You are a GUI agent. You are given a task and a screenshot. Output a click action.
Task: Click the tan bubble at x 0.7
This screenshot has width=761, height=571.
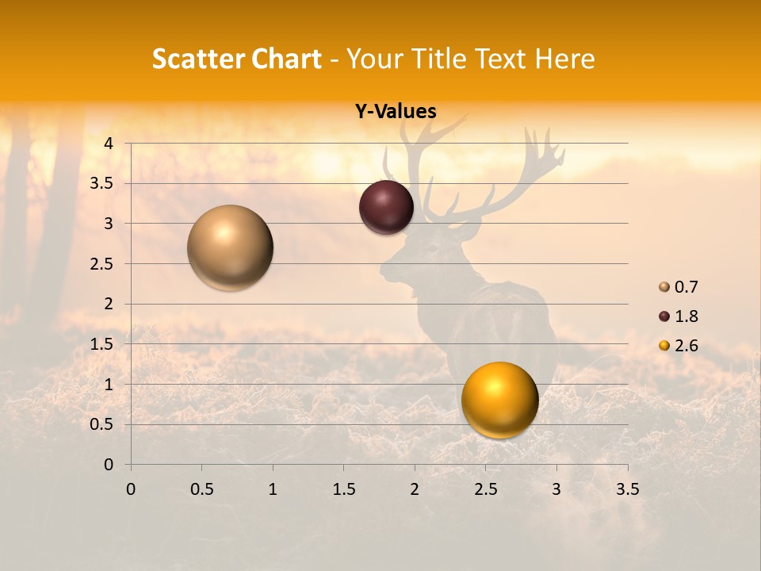230,247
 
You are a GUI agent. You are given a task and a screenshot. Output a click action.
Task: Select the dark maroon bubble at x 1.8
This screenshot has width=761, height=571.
386,207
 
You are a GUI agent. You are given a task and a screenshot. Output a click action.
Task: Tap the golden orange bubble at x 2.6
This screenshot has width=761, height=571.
499,400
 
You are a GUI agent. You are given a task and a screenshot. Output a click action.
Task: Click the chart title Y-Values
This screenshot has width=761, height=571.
396,112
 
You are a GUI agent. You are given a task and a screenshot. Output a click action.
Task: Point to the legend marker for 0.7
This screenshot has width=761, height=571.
664,287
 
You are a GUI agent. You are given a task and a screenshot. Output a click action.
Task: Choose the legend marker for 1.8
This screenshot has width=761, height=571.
664,316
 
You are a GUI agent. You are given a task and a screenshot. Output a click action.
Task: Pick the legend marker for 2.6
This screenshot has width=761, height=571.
664,346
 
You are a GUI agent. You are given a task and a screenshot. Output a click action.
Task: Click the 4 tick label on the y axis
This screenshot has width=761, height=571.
109,144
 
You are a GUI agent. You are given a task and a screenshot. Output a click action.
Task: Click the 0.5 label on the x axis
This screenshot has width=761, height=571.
201,489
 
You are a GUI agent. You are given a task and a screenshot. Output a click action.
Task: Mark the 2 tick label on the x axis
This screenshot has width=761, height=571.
414,489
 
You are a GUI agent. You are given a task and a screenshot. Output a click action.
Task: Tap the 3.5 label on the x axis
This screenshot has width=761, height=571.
627,489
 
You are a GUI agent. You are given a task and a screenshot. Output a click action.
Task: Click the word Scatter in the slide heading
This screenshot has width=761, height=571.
196,59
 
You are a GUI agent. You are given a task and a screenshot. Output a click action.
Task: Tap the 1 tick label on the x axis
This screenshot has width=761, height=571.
273,489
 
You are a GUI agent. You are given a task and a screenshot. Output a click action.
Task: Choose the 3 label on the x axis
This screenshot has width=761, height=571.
556,489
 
